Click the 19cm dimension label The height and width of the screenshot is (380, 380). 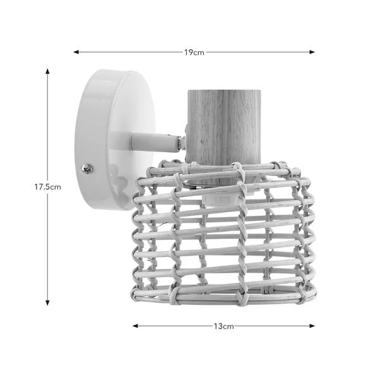tap(194, 52)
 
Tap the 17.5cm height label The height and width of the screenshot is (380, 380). tap(47, 187)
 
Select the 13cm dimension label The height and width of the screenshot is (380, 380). tap(223, 326)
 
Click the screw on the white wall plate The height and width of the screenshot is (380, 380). tap(87, 169)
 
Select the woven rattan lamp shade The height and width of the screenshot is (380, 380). tap(224, 234)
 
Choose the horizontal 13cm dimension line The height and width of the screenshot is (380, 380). tap(177, 326)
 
